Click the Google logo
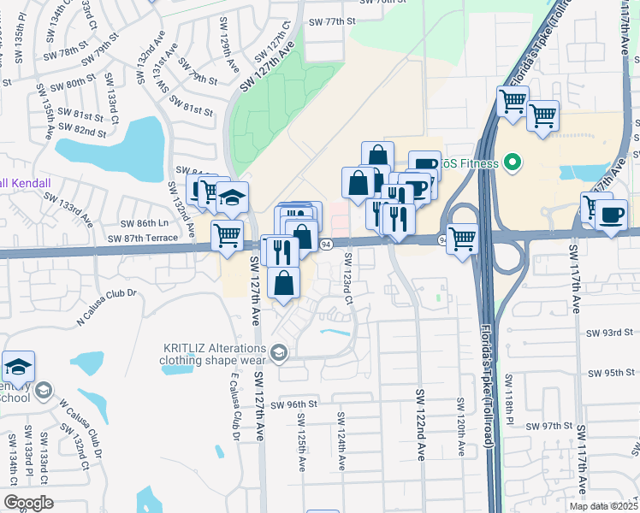point(27,503)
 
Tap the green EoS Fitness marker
point(513,162)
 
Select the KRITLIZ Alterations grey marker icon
point(279,352)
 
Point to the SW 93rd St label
point(609,332)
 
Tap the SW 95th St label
point(609,374)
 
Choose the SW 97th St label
point(549,426)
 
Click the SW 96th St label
point(294,404)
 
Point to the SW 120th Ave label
point(460,427)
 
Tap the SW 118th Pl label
point(507,401)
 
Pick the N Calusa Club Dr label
point(107,307)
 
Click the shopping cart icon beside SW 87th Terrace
point(227,233)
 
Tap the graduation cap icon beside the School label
point(18,368)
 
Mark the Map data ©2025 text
point(603,506)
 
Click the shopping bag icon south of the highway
point(284,283)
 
